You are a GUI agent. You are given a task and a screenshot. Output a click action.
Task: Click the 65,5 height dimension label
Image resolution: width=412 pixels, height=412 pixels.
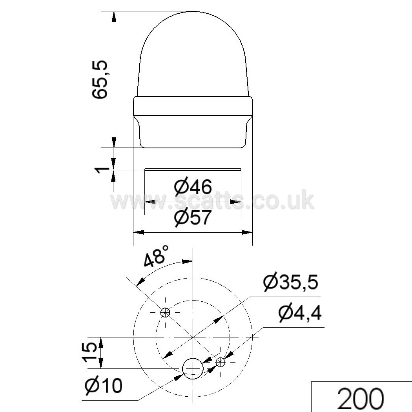(x=100, y=80)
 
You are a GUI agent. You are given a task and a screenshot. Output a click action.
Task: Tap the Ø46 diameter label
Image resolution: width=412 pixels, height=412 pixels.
(x=193, y=187)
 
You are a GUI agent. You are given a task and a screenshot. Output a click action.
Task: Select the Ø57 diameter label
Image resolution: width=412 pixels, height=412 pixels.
(x=193, y=217)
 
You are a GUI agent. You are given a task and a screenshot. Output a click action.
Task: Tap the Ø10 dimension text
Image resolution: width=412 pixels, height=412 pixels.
(x=104, y=386)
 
